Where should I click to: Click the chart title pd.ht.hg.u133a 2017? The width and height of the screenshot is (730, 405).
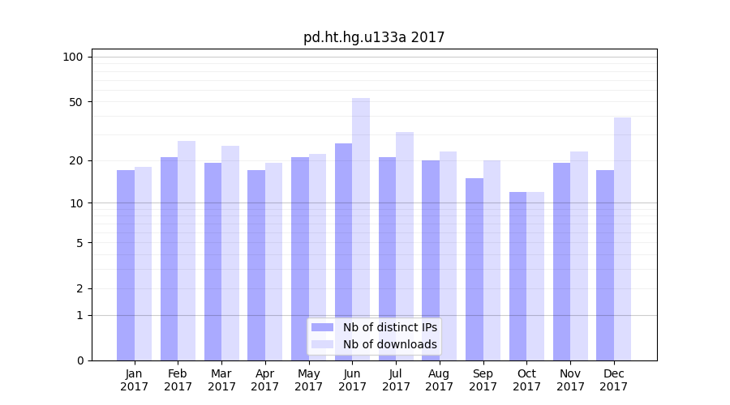[374, 37]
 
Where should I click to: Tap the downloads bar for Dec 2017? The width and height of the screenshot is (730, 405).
[623, 239]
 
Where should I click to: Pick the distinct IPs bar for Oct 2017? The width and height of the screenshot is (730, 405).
[518, 276]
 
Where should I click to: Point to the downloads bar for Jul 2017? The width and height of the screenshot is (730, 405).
[405, 246]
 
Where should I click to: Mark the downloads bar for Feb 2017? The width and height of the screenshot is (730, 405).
[187, 250]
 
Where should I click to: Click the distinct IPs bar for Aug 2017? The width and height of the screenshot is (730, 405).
[431, 260]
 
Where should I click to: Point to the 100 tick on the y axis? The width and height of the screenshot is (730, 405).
[73, 57]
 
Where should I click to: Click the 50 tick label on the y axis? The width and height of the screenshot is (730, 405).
[76, 102]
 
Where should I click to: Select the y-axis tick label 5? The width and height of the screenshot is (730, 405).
[79, 243]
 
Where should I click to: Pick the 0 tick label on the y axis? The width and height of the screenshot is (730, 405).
[79, 360]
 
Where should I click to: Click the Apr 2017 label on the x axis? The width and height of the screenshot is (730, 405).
[265, 380]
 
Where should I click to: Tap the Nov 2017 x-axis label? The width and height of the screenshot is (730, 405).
[570, 380]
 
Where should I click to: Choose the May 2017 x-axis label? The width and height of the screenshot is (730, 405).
[309, 380]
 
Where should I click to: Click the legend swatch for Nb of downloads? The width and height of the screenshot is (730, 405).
[323, 344]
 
